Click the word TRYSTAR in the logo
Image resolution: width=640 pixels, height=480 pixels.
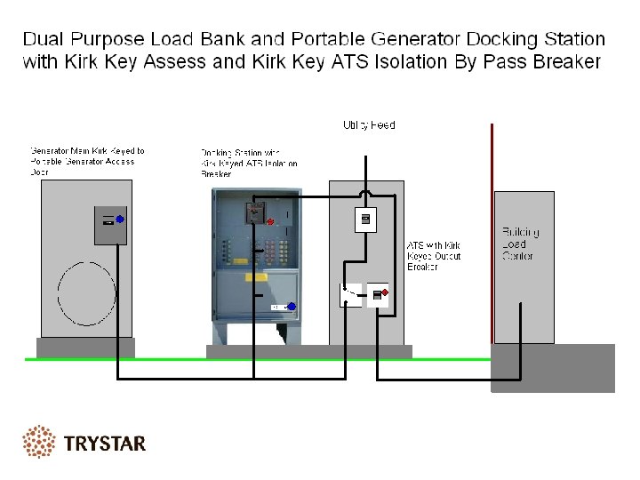coord(105,443)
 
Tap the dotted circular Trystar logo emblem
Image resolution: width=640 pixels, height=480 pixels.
coord(39,442)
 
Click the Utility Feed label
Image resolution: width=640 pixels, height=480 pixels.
coord(369,125)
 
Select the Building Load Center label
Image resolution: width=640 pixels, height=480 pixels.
coord(520,244)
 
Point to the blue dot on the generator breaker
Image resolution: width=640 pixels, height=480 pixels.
coord(119,218)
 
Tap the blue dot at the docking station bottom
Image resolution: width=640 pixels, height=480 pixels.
coord(291,306)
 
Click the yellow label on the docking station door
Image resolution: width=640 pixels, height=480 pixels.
coord(256,277)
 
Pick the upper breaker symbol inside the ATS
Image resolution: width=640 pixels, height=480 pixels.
coord(365,219)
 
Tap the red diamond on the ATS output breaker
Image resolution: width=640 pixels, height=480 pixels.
coord(384,292)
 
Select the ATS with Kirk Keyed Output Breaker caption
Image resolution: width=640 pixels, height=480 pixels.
coord(434,256)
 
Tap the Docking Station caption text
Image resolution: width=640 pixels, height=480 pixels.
coord(249,164)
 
